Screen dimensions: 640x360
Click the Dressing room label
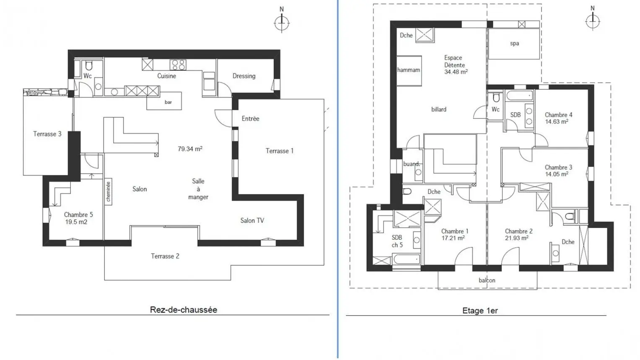[x=244, y=76]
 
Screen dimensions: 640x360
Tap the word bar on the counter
[x=168, y=102]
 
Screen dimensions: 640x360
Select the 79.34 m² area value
[x=190, y=149]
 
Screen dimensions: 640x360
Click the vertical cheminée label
[x=108, y=192]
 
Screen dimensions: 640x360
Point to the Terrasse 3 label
[x=47, y=134]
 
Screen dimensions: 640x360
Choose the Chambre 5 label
[x=78, y=215]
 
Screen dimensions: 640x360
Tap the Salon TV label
[x=252, y=220]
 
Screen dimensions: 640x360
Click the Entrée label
[x=250, y=119]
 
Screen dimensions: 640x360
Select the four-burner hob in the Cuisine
[x=178, y=65]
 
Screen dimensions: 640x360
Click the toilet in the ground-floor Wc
[x=89, y=66]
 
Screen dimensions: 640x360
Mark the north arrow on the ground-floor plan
[x=282, y=21]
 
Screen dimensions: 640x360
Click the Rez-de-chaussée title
[x=184, y=310]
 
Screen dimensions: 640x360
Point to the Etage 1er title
[x=480, y=311]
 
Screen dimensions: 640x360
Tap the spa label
[x=514, y=44]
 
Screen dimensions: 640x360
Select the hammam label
[x=409, y=70]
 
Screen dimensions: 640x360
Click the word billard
[x=439, y=109]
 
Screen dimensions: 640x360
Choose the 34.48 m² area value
[x=456, y=72]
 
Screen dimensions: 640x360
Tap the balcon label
[x=487, y=280]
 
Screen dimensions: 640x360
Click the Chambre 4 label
[x=559, y=115]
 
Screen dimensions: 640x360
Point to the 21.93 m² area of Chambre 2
[x=517, y=238]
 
